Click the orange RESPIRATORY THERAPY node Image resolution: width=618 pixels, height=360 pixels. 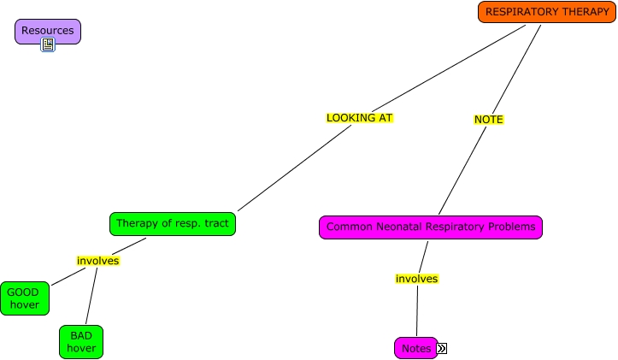tap(547, 12)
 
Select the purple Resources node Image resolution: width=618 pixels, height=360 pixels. tap(48, 32)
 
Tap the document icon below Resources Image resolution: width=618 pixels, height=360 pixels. tap(48, 44)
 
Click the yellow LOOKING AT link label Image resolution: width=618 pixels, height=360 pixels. tap(359, 118)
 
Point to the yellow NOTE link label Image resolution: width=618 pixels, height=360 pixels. tap(488, 120)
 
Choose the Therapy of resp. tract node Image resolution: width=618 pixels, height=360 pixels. tap(173, 224)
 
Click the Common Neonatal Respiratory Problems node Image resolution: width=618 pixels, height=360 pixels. tap(431, 227)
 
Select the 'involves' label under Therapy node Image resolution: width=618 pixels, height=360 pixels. tap(98, 261)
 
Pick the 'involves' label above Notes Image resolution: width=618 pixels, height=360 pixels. tap(416, 279)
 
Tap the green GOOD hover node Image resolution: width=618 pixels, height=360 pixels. tap(24, 298)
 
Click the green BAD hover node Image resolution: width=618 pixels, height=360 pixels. tap(81, 341)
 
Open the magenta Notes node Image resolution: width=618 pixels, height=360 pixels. tap(415, 348)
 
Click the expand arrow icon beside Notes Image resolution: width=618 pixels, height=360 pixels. tap(442, 348)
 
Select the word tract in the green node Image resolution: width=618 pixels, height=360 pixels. tap(215, 224)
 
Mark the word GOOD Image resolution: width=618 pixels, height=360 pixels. tap(23, 292)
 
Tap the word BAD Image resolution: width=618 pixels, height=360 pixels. tap(81, 335)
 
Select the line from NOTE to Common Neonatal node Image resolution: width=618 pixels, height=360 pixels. tap(462, 170)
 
